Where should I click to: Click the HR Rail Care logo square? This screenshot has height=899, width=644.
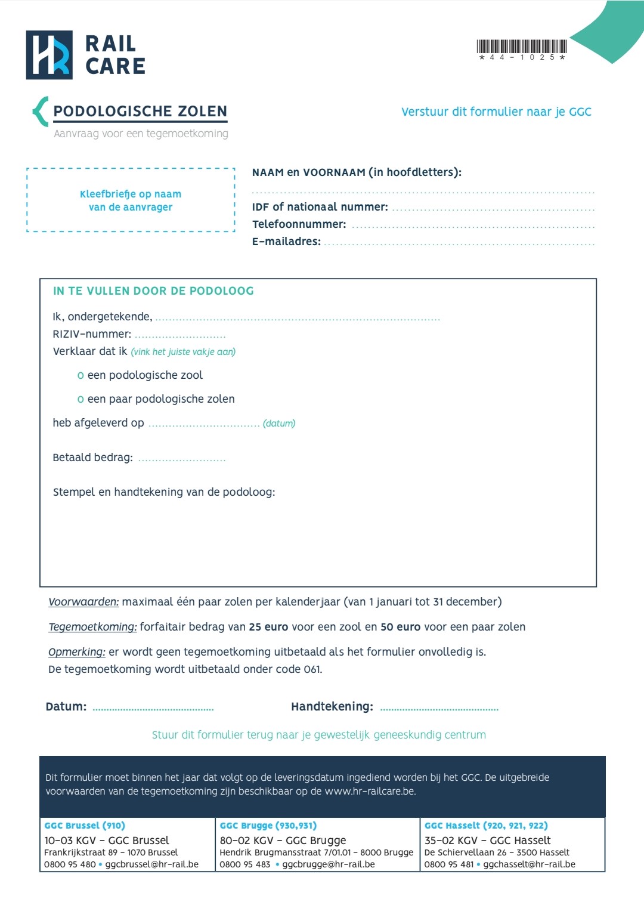pos(49,55)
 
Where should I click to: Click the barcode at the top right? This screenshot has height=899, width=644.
pos(522,47)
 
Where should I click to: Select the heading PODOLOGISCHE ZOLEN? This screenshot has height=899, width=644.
pos(140,112)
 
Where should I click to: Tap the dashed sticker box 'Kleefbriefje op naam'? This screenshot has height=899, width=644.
pos(131,200)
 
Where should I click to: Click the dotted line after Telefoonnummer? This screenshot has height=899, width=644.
pos(472,227)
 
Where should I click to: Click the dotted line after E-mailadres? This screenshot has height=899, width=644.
pos(459,244)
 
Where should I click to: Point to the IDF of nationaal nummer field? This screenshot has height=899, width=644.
pos(493,209)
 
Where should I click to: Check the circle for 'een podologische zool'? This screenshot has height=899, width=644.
pos(80,376)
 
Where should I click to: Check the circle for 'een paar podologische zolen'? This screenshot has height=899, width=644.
pos(80,400)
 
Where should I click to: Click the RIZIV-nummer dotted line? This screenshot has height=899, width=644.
pos(180,336)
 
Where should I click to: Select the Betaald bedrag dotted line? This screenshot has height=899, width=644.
pos(182,460)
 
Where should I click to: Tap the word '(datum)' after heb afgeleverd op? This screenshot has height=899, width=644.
pos(279,424)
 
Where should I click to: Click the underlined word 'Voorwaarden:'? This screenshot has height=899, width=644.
pos(83,602)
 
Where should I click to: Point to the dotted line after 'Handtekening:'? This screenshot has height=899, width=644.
pos(439,709)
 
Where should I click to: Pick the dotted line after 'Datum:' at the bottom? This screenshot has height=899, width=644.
pos(153,709)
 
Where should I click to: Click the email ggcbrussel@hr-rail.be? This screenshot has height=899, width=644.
pos(152,864)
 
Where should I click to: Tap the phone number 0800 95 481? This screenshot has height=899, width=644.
pos(449,864)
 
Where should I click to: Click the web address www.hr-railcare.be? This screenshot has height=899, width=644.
pos(370,792)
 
